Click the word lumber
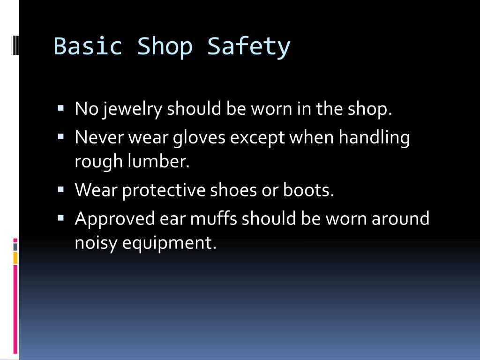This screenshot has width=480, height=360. tap(159, 162)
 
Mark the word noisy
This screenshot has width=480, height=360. tap(96, 243)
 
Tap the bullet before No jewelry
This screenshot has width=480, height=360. tap(61, 107)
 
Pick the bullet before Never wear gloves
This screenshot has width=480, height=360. tap(61, 136)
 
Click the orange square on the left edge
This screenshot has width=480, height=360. tap(15, 257)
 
